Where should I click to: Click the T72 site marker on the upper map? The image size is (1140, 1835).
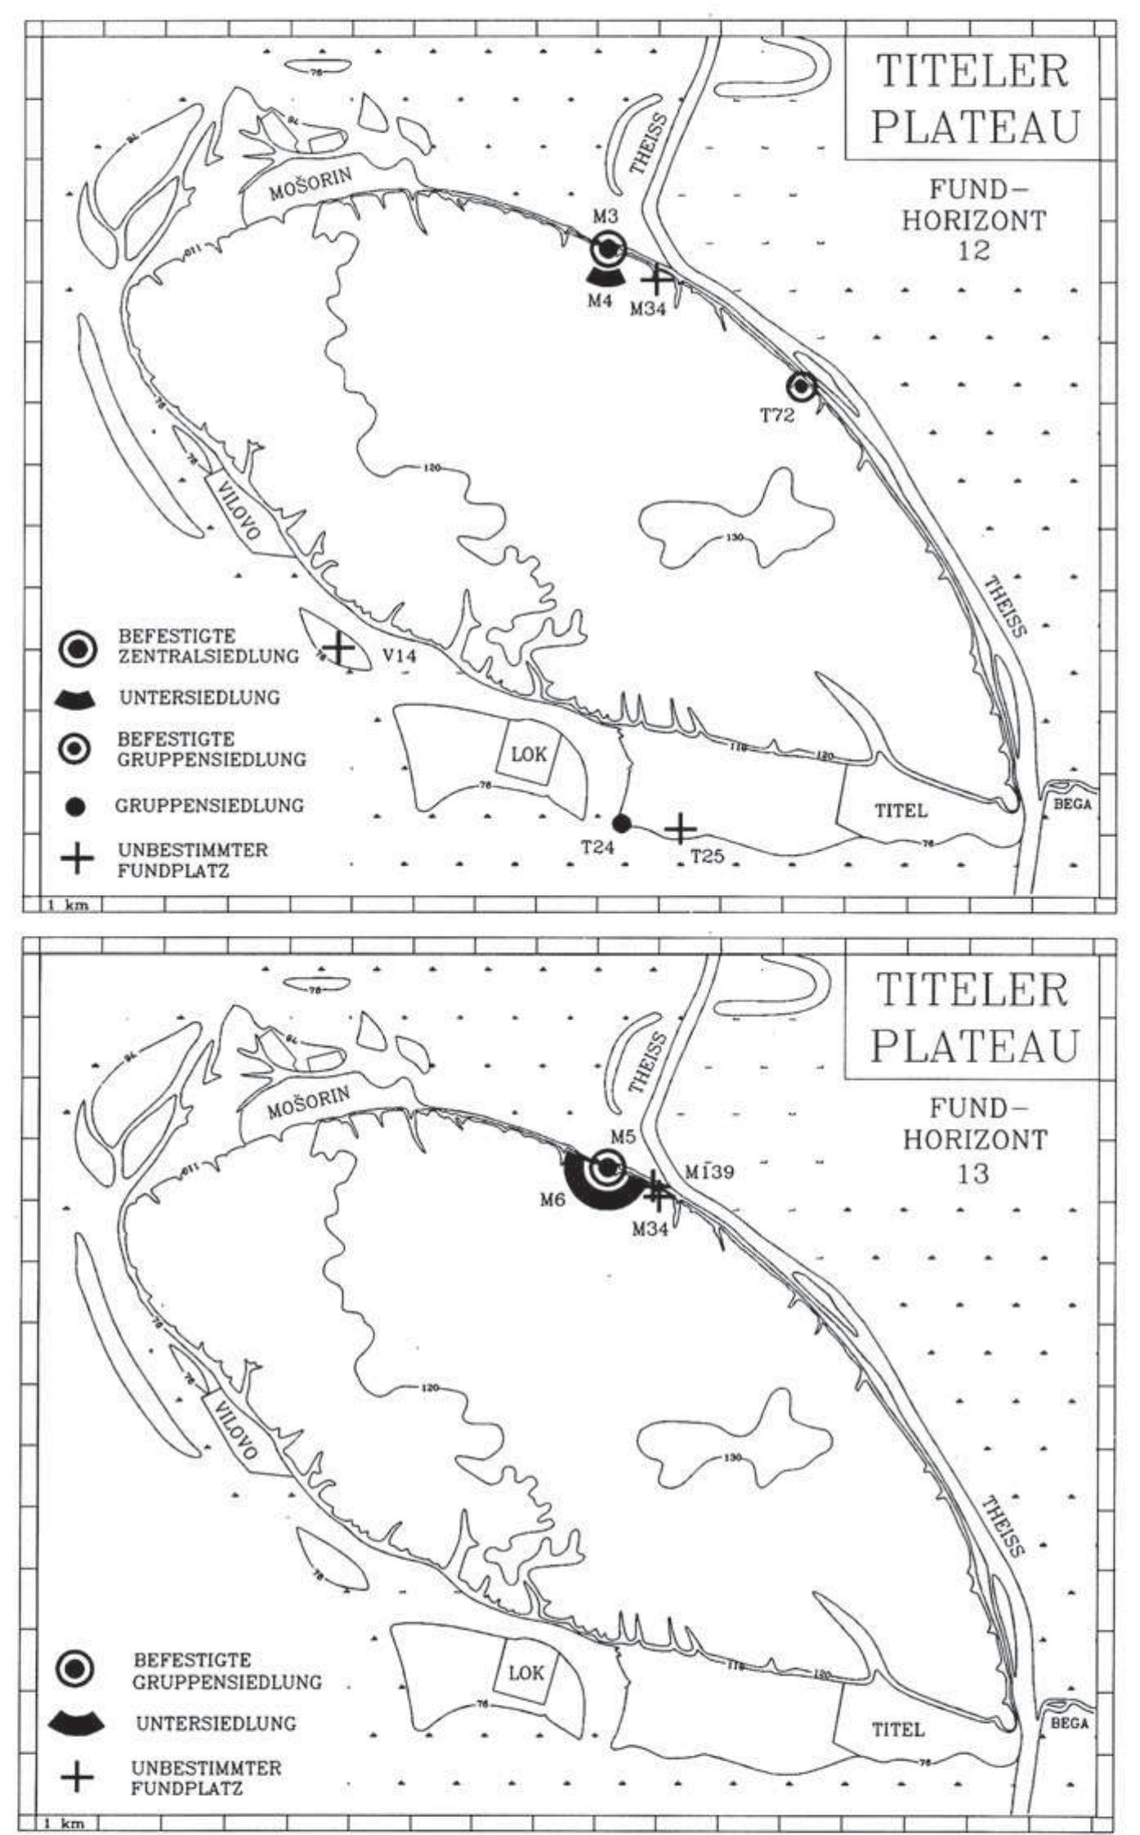pos(802,386)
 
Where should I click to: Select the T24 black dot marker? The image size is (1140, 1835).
pos(621,823)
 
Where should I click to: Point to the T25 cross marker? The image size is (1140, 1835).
pos(680,829)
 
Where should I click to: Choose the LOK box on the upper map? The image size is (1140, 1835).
pos(528,754)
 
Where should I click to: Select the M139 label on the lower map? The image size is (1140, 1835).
pos(709,1171)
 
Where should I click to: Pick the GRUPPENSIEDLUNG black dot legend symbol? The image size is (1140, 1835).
pos(76,806)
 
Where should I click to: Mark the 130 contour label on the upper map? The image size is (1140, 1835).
pos(734,538)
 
